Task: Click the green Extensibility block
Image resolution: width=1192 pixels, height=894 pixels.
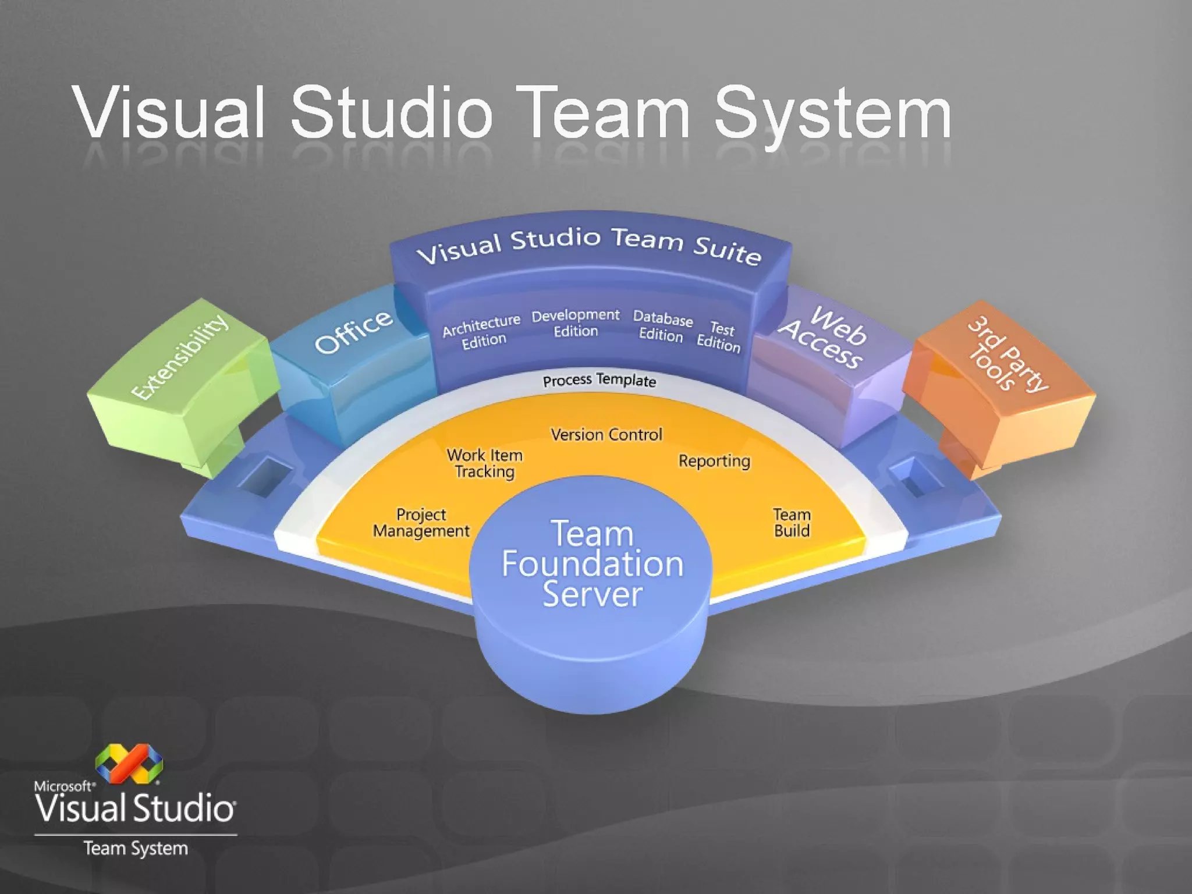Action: pos(180,372)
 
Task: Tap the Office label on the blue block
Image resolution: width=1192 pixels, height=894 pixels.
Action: pos(353,331)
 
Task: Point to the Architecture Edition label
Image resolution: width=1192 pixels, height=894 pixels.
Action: pos(482,332)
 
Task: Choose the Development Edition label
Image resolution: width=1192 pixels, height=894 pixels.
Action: pos(576,323)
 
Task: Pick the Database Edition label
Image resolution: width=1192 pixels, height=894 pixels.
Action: pos(662,327)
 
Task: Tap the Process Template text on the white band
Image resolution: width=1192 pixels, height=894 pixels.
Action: pos(599,381)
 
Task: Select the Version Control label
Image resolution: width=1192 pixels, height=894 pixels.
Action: pos(606,435)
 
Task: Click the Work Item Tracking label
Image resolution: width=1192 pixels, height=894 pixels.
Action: pos(485,463)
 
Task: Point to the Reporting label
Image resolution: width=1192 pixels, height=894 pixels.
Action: pos(714,461)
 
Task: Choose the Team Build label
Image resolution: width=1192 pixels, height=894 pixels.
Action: pos(792,523)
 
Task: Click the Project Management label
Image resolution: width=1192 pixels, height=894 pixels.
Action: pos(421,523)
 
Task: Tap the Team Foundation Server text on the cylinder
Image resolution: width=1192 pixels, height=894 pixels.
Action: pos(593,564)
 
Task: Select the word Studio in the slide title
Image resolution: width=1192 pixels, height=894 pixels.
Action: pos(391,112)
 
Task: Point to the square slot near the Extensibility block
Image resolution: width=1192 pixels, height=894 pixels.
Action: pos(267,477)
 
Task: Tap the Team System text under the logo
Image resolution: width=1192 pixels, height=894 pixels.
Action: pos(136,849)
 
